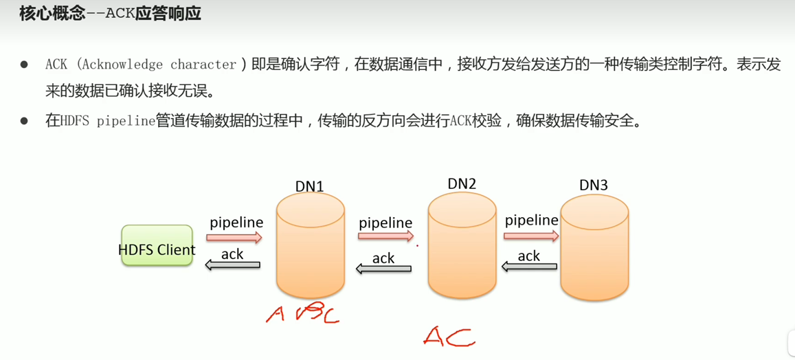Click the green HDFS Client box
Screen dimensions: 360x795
coord(157,245)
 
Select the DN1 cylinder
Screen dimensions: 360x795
coord(310,247)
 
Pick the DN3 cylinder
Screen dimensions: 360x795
coord(594,249)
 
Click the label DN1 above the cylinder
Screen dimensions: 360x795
coord(309,186)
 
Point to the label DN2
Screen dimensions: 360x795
coord(462,183)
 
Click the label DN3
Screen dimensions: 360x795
coord(593,185)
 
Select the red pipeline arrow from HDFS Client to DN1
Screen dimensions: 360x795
coord(234,238)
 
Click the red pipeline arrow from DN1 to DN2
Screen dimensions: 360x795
coord(385,236)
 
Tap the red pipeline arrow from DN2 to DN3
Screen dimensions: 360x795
coord(530,236)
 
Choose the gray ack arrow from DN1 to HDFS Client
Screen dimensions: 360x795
coord(233,265)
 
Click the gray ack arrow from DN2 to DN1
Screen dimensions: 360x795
coord(383,269)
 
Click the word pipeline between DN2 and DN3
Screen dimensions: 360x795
coord(531,221)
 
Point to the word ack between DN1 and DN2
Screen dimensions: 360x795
coord(383,258)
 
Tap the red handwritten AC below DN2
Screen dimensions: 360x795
coord(449,337)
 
